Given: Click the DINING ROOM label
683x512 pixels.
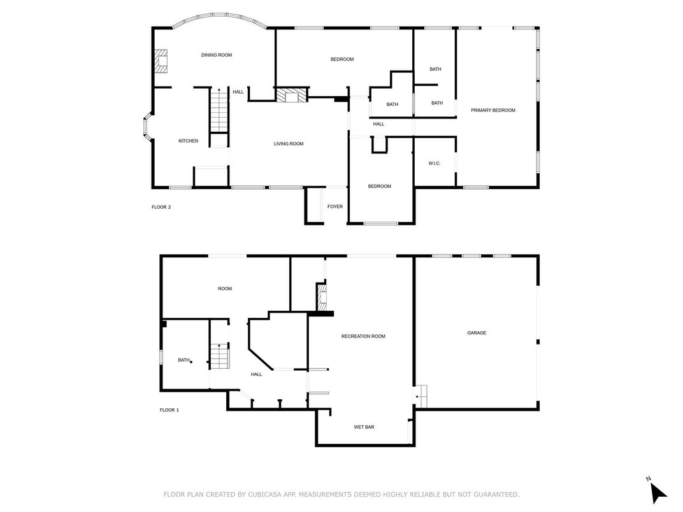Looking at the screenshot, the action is point(217,55).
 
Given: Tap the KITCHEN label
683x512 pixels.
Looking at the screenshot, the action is point(188,141).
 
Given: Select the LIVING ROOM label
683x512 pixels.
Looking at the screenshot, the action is point(289,144).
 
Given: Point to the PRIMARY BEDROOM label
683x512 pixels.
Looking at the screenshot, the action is point(493,110).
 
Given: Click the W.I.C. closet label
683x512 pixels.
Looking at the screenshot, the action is point(435,163).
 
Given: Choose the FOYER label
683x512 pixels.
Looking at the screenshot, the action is point(335,206).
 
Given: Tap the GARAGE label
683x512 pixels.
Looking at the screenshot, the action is point(477,332).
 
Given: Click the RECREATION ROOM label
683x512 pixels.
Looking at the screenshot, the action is point(363,336).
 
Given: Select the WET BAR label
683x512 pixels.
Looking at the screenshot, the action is point(364,427).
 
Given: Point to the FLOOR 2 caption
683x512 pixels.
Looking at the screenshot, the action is point(161,207).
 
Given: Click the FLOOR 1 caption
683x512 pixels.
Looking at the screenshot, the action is point(169,409).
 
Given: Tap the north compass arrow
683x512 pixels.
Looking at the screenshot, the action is point(658,493).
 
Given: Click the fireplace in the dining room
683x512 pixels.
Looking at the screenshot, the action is point(161,61).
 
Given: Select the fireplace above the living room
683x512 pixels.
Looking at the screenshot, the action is point(291,96).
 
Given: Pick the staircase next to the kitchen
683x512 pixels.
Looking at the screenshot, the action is point(219,110).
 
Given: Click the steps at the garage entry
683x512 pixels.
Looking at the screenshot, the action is point(421,396).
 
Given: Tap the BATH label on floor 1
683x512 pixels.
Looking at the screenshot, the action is point(183,360).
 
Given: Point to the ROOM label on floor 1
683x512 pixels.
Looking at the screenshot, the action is point(225,288).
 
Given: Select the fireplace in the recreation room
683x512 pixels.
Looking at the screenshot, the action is point(322,297).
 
